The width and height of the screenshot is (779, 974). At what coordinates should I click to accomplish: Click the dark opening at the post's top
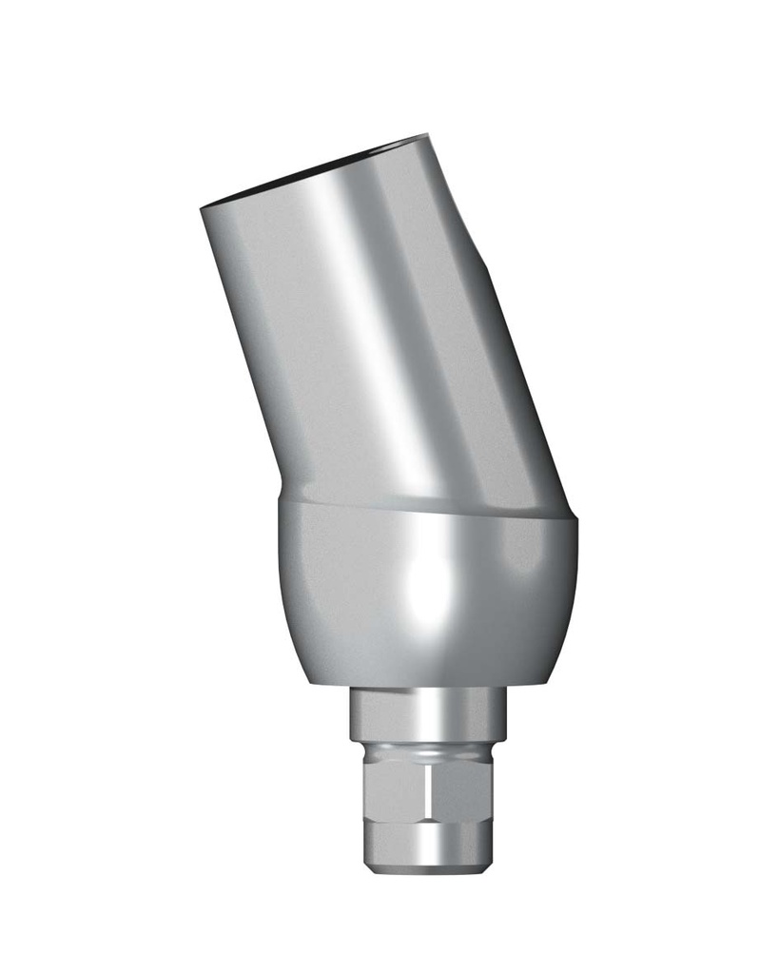tap(314, 170)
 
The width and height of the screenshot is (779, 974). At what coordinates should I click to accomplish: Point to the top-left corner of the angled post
tap(203, 208)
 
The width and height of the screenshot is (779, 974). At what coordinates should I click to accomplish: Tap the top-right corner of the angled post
tap(427, 136)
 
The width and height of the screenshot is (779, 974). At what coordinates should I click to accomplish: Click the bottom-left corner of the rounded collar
tap(308, 681)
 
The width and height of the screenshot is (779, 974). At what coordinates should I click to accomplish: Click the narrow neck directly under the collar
tap(428, 709)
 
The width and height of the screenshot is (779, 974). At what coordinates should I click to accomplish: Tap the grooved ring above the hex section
tap(428, 746)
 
